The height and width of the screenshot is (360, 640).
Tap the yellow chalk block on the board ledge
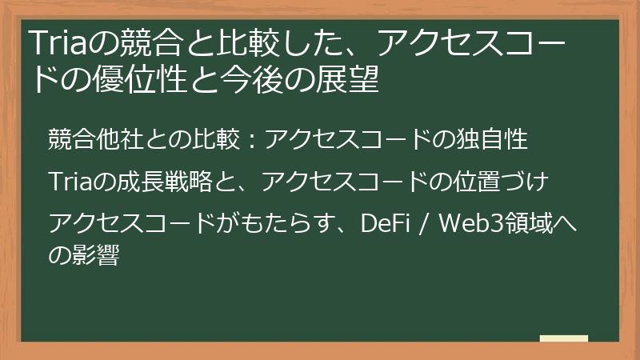tap(564, 339)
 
